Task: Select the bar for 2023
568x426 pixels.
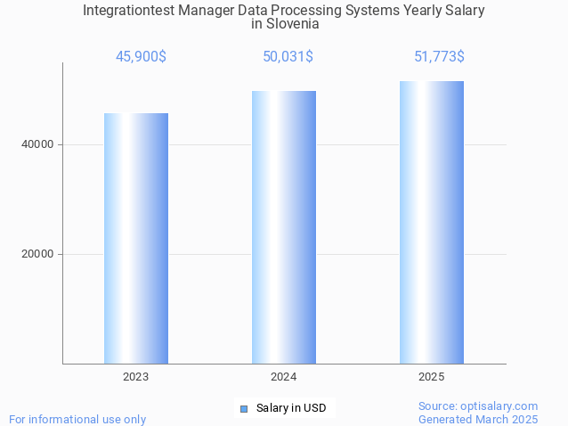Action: click(x=136, y=238)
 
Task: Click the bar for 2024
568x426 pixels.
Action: click(x=284, y=227)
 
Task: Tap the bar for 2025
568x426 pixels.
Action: click(x=432, y=222)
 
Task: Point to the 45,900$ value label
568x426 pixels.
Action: click(x=141, y=57)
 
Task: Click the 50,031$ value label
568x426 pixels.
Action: click(x=288, y=57)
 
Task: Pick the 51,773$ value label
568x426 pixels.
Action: click(x=439, y=57)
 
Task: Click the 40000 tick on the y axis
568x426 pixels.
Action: click(x=37, y=144)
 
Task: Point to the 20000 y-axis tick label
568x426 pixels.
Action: click(x=37, y=254)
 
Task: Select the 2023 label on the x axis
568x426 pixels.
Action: click(x=136, y=377)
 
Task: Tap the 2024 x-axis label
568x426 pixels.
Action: click(x=284, y=377)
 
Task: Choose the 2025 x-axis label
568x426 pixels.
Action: click(x=432, y=377)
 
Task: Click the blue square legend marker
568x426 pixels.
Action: click(x=244, y=409)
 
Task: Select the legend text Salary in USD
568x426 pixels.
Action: click(x=291, y=408)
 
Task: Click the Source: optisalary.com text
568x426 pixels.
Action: click(x=478, y=406)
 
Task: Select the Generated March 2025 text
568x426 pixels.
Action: click(x=478, y=419)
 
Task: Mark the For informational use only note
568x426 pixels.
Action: click(x=77, y=419)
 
